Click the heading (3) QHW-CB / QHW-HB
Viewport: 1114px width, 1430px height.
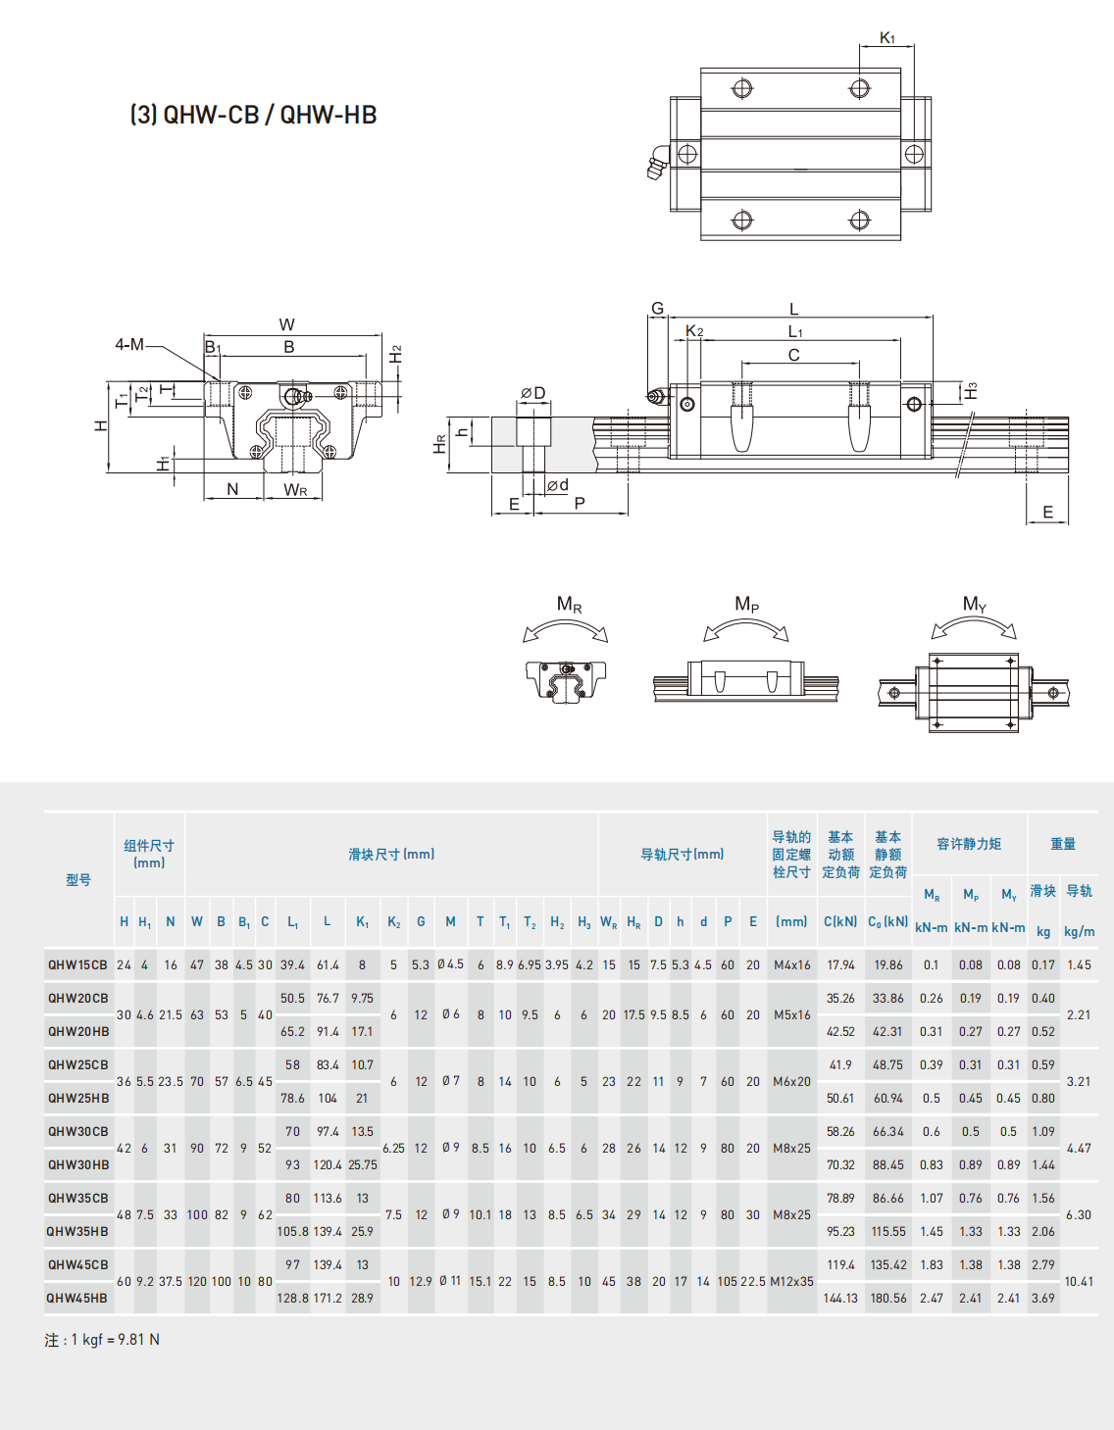point(253,115)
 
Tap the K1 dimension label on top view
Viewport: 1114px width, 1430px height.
point(886,38)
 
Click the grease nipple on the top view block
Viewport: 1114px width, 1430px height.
point(658,163)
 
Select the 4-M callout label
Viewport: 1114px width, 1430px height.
point(129,345)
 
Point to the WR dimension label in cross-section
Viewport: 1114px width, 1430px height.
point(295,489)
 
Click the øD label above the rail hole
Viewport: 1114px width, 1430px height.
point(532,393)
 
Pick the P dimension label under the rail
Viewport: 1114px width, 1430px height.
point(580,504)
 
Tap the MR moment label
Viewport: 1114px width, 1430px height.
point(569,605)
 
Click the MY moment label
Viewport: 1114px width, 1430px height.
point(974,605)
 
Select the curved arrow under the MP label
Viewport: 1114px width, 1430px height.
point(746,628)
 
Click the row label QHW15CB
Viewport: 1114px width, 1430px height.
point(78,965)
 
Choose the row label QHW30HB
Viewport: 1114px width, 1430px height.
point(78,1165)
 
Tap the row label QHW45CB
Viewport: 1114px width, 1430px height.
point(78,1265)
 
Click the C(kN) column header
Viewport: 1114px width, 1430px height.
point(840,922)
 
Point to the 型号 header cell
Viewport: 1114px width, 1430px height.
point(78,880)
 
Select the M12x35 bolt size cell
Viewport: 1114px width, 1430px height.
point(791,1282)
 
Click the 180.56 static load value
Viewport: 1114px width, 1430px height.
point(888,1299)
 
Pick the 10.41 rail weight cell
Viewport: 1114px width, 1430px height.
point(1079,1282)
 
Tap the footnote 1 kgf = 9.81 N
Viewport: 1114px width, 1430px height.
point(102,1340)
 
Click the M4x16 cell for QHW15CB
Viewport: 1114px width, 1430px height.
point(791,965)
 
